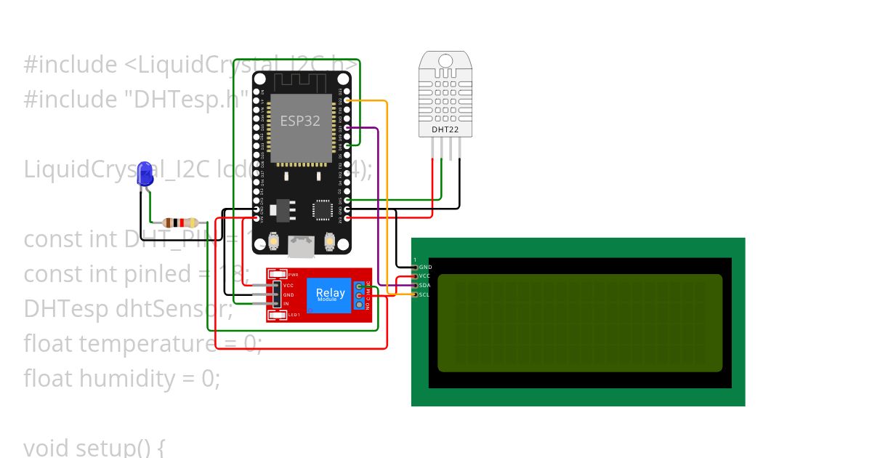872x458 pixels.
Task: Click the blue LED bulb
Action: coord(145,174)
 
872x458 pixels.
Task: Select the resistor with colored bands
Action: coord(180,222)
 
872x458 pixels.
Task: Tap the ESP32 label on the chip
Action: coord(300,121)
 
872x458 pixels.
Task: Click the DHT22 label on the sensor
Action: coord(445,129)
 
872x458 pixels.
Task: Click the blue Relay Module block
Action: coord(331,295)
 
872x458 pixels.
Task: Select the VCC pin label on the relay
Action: coord(288,286)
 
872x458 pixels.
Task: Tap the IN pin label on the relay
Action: coord(286,303)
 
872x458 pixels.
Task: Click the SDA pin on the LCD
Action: coord(424,285)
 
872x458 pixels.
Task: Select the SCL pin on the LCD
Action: coord(424,294)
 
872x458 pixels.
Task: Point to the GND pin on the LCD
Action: coord(424,267)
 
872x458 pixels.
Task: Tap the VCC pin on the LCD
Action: coord(424,276)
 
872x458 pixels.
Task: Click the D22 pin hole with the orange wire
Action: coord(347,100)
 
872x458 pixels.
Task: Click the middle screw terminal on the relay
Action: coord(358,296)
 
